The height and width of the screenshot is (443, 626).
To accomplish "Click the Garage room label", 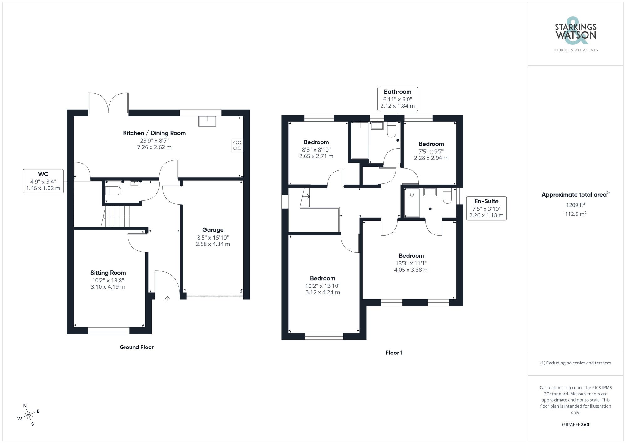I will click(213, 230).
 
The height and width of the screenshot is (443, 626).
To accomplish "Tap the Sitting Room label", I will click(108, 273).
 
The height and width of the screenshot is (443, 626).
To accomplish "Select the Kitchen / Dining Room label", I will click(154, 133).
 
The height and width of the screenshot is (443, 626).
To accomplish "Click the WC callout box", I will click(43, 181).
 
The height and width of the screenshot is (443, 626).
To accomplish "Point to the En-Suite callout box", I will click(486, 208).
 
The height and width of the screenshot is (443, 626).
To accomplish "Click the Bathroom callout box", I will click(398, 99).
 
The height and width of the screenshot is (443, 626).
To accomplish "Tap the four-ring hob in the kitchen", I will click(237, 145).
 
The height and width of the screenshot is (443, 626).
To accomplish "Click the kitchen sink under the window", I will click(207, 121).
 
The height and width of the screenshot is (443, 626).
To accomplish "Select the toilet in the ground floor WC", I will click(113, 190).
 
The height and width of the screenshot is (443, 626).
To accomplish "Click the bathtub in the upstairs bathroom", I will click(360, 141).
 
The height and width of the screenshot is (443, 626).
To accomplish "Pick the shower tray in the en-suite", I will click(412, 202).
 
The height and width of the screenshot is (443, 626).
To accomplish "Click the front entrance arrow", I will click(167, 299).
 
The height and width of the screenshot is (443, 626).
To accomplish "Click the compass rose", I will click(29, 415).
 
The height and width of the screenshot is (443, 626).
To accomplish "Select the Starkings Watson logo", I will click(575, 34).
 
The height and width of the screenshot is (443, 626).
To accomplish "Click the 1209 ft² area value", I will click(575, 205).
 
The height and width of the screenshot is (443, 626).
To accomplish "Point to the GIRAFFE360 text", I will click(575, 425).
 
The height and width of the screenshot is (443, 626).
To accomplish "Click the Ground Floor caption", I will click(136, 347).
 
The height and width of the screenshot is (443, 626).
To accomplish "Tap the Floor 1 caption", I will click(394, 353).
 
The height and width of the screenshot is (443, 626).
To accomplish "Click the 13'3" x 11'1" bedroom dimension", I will click(411, 263).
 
